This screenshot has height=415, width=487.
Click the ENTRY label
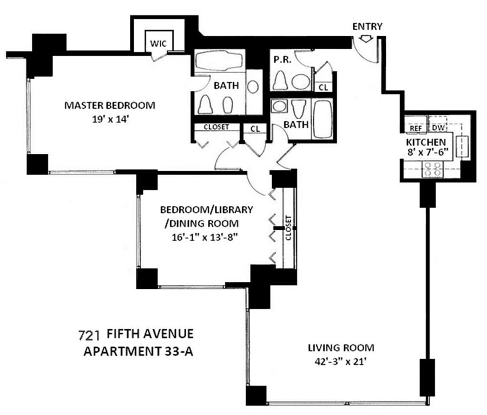coord(367,26)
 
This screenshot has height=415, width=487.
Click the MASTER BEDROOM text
coord(109,105)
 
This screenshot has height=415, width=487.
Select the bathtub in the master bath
coord(219,61)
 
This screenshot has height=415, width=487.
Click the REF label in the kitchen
coord(416,129)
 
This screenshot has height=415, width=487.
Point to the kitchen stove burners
coord(432,170)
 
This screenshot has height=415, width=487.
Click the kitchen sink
coord(464,146)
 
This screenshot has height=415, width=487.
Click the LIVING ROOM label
coord(341,348)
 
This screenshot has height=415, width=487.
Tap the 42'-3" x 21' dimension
coord(341,361)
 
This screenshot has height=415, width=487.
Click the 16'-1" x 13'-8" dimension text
coord(202,236)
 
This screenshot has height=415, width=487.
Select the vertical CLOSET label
coord(288,228)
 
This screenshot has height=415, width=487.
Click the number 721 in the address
coord(90,333)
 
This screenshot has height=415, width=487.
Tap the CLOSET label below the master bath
coord(216,127)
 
